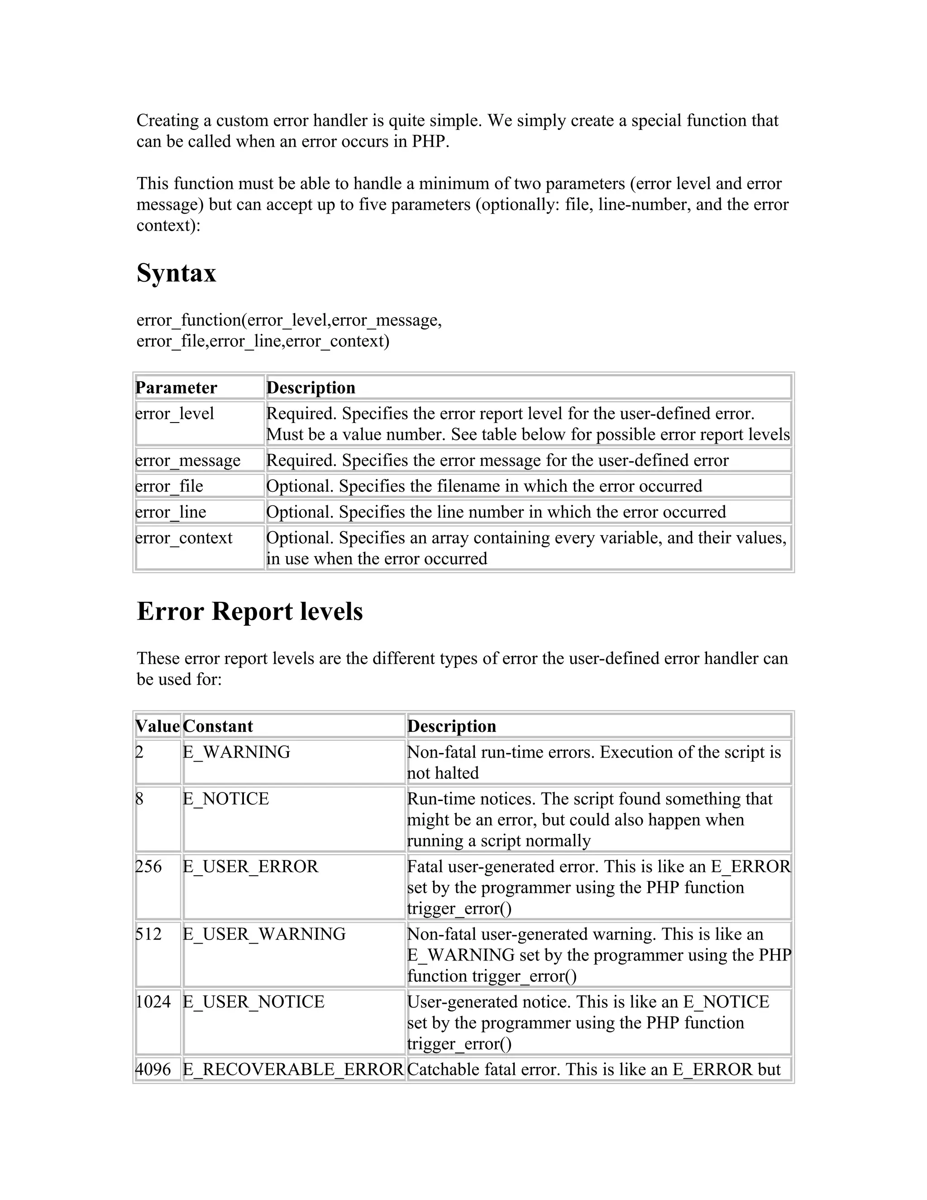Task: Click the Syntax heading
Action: (176, 273)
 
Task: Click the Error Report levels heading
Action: (249, 611)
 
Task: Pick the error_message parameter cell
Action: (188, 460)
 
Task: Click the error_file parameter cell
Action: (169, 486)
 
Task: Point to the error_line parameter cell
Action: (171, 512)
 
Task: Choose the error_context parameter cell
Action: (184, 538)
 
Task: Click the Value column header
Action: (158, 726)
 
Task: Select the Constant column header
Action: (218, 726)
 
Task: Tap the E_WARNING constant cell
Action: (236, 752)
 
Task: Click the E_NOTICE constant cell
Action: (226, 798)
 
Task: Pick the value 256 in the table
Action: (149, 866)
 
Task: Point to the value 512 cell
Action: (149, 934)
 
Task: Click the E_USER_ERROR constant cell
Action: (250, 866)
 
